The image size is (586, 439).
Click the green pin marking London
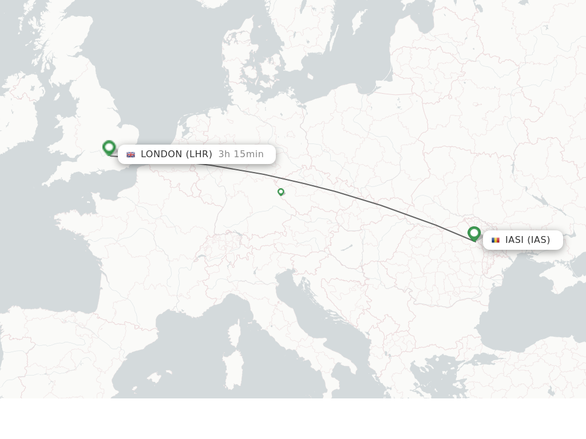tap(109, 147)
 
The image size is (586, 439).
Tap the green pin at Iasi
tap(474, 233)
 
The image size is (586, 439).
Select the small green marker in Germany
tap(281, 192)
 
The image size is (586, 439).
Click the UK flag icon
tap(130, 154)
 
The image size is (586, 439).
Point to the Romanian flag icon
tap(496, 240)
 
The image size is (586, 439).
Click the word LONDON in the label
tap(161, 154)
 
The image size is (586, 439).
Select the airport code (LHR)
tap(199, 154)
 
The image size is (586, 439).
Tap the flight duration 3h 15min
tap(241, 154)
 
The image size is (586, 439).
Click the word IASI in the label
tap(514, 240)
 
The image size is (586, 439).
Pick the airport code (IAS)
tap(539, 240)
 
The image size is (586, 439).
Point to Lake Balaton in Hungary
tap(347, 248)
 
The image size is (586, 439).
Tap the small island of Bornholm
tap(308, 77)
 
